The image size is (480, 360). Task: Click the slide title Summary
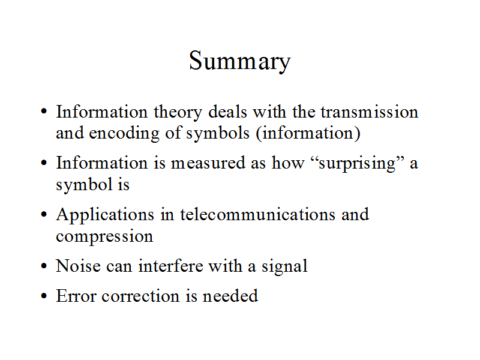tap(239, 61)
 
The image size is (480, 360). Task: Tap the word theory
tap(178, 113)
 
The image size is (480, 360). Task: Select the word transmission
tap(370, 112)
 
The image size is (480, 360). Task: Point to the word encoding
tap(124, 134)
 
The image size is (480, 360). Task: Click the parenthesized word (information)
tap(308, 133)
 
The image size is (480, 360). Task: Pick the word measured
tap(208, 163)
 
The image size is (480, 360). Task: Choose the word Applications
tap(106, 215)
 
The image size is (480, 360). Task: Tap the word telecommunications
tap(258, 214)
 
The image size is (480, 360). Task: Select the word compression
tap(104, 237)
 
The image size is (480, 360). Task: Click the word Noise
tap(79, 265)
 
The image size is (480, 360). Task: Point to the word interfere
tap(170, 265)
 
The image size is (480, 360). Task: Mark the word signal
tap(284, 266)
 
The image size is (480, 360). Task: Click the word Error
tap(76, 296)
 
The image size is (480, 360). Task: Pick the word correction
tap(140, 296)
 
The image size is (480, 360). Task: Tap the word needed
tap(230, 296)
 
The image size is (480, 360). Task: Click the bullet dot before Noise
tap(44, 266)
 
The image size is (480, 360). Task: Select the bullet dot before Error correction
tap(44, 296)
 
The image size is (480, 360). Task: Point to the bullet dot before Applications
tap(44, 214)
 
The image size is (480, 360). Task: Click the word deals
tap(227, 112)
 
